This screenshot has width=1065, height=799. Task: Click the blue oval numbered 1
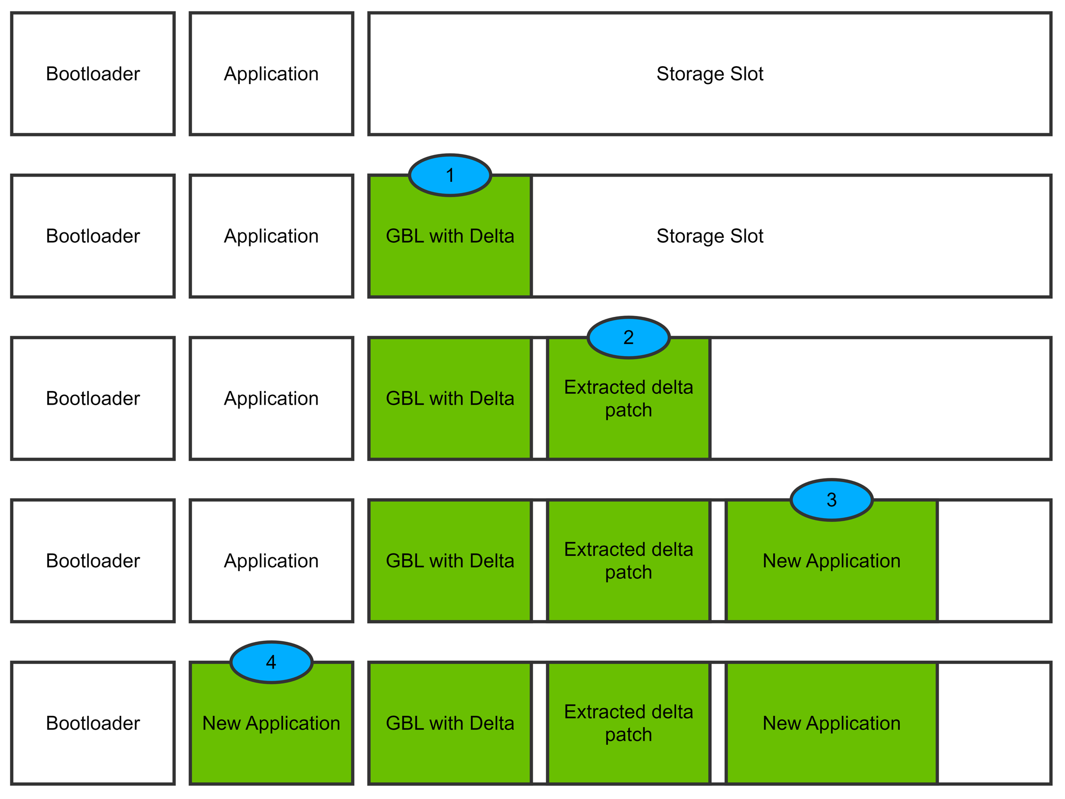point(450,175)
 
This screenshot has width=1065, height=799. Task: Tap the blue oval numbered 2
point(628,338)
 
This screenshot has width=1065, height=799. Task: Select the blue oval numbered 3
point(832,500)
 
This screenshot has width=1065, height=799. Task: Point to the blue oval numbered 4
point(271,662)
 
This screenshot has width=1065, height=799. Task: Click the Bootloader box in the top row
point(93,74)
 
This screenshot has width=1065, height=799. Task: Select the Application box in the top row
point(271,74)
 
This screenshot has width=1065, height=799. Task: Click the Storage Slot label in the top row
point(710,74)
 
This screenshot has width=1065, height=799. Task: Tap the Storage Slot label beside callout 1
point(710,236)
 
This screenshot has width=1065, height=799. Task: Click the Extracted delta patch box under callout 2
point(628,404)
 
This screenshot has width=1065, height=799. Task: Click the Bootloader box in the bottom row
point(93,723)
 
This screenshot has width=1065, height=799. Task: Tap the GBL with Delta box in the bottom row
point(450,723)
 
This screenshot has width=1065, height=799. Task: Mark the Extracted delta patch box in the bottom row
point(628,723)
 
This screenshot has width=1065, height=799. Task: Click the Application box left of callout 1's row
point(271,236)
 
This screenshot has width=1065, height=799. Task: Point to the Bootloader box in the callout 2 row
point(93,398)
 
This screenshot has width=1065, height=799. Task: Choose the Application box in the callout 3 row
point(271,561)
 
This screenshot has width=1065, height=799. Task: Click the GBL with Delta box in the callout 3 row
point(450,561)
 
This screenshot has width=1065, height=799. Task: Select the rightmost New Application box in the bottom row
point(832,723)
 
